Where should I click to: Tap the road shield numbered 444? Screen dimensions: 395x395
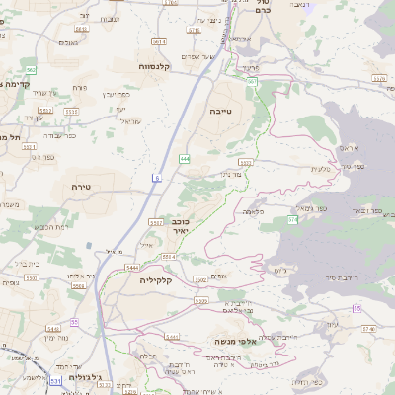click(x=185, y=158)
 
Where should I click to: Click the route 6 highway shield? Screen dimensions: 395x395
click(x=156, y=177)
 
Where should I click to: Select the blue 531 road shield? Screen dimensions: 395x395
click(x=55, y=380)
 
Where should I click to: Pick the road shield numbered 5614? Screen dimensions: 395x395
click(x=158, y=41)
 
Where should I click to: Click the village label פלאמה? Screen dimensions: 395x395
click(x=254, y=211)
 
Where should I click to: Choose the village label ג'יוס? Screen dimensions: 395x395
click(x=281, y=269)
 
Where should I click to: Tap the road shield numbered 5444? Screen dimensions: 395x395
click(x=132, y=268)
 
